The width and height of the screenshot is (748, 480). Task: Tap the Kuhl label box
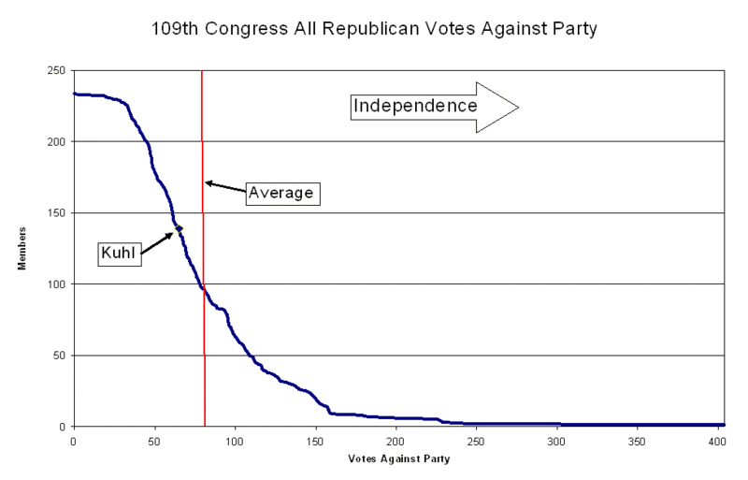[x=121, y=253]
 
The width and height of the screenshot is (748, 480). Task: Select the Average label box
[x=283, y=194]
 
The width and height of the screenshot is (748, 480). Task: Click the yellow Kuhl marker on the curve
[x=179, y=228]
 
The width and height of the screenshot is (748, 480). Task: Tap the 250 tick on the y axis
[x=56, y=70]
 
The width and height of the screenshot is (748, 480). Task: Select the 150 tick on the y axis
[x=56, y=213]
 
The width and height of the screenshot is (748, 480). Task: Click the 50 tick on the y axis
[x=59, y=356]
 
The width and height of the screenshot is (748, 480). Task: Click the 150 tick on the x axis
[x=316, y=439]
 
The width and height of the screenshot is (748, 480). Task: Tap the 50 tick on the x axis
[x=154, y=439]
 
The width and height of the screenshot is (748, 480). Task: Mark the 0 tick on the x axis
[x=73, y=439]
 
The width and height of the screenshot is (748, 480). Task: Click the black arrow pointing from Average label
[x=225, y=187]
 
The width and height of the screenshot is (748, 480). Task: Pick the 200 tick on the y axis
[x=56, y=141]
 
